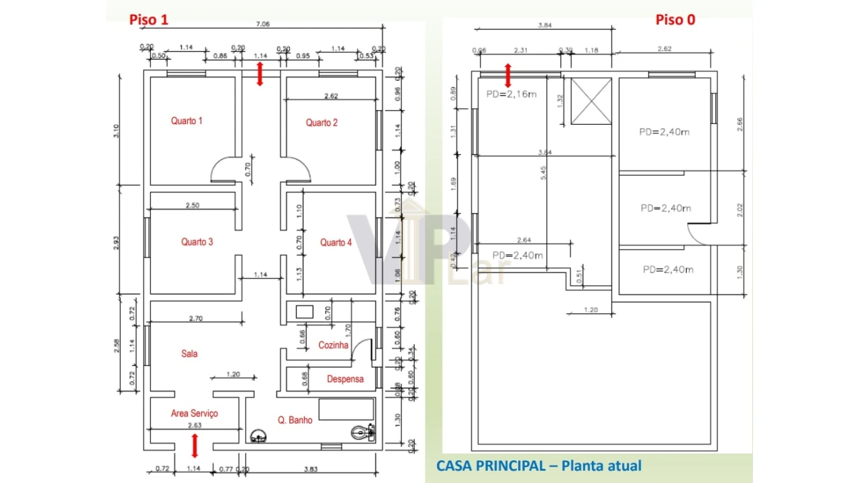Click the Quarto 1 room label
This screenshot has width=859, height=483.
point(187,121)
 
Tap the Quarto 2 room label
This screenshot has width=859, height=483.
point(321,123)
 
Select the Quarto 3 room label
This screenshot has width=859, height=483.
point(197,242)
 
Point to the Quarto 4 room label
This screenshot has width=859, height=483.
point(336,243)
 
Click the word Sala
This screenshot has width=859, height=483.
point(189,354)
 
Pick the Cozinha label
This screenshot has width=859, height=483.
point(334,345)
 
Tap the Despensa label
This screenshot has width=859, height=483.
point(345,379)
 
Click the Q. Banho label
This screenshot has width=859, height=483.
point(295,420)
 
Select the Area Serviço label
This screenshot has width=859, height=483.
point(194,413)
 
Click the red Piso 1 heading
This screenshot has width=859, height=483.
point(148,20)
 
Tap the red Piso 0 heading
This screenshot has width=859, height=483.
point(675,20)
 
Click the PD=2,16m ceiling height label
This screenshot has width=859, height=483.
point(511,95)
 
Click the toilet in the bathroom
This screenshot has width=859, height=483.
point(363,433)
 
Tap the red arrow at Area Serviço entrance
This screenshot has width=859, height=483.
point(195,445)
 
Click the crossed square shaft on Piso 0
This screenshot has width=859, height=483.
point(591,101)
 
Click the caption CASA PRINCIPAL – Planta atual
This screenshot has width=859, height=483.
point(538,466)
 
